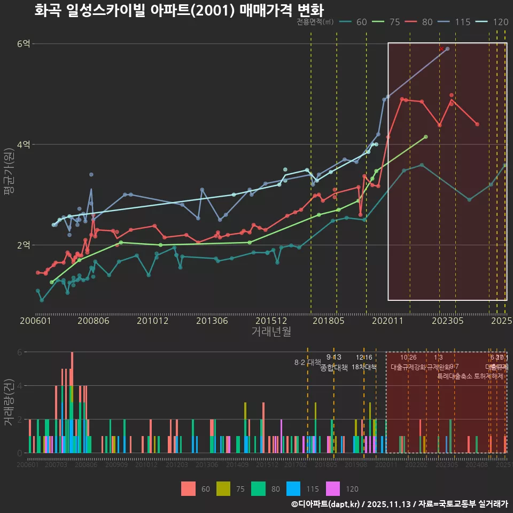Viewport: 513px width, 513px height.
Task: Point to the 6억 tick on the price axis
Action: pyautogui.click(x=24, y=44)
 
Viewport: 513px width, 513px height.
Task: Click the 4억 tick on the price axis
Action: pyautogui.click(x=24, y=144)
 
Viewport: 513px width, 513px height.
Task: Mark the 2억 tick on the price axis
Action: pyautogui.click(x=24, y=245)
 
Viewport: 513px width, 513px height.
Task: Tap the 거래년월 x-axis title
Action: pyautogui.click(x=271, y=331)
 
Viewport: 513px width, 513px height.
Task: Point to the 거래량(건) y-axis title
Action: pyautogui.click(x=9, y=402)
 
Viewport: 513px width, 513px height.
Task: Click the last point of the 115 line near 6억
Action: pyautogui.click(x=447, y=49)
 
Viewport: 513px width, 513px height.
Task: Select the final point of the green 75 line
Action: pyautogui.click(x=425, y=137)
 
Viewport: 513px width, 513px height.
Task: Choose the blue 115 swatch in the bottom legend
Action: pyautogui.click(x=293, y=488)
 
